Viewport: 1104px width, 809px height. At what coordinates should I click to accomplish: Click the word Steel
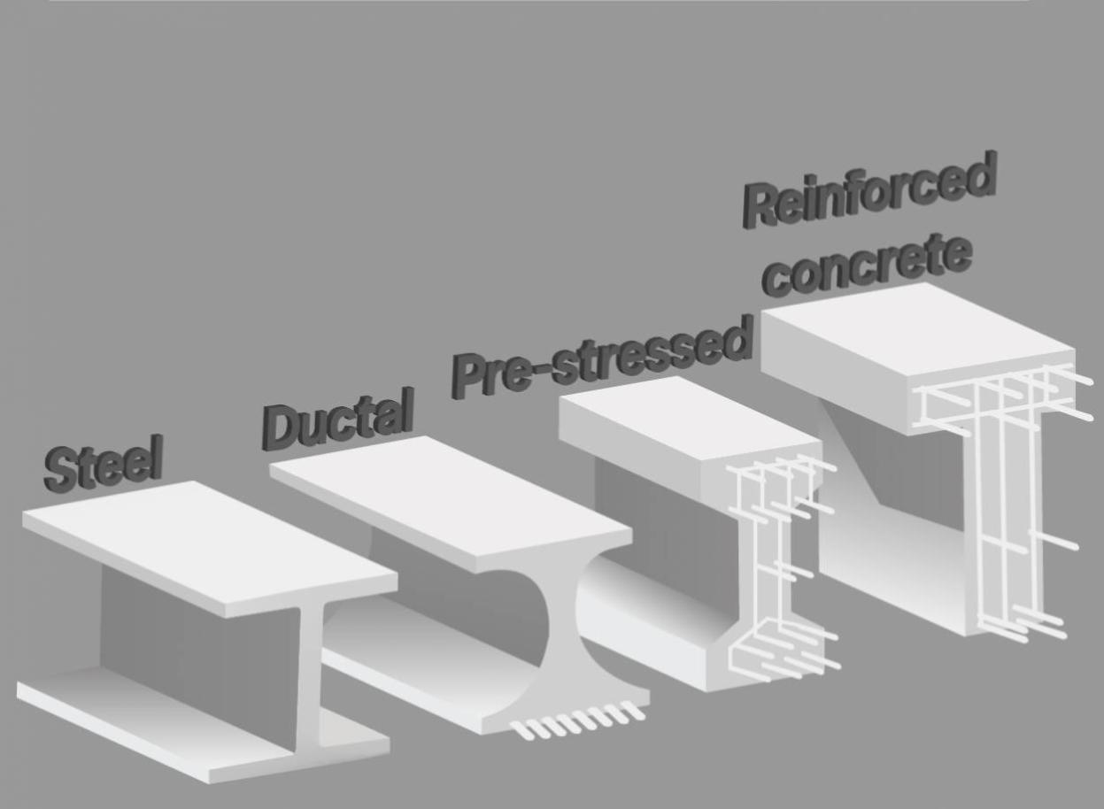[x=103, y=464]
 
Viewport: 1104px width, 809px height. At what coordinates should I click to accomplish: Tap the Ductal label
[x=337, y=419]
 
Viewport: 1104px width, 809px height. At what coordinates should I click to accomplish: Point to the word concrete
[x=868, y=266]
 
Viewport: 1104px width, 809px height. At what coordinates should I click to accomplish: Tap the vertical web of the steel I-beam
[x=309, y=682]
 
